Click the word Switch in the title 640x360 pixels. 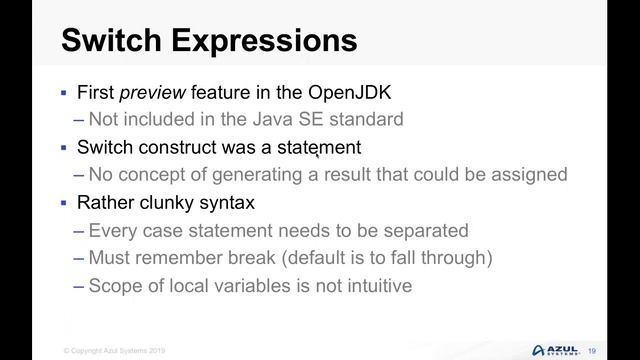point(111,41)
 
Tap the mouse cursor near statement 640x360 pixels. point(318,153)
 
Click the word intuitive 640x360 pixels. point(372,286)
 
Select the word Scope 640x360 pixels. point(113,286)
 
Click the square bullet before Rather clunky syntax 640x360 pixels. point(63,203)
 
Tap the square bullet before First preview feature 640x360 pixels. point(63,92)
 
